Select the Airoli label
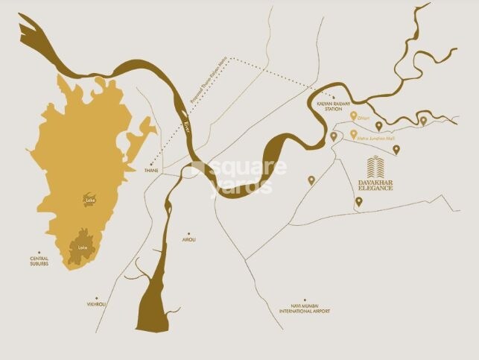click(189, 240)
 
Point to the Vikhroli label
click(97, 304)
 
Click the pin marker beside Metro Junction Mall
click(352, 134)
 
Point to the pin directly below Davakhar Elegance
click(358, 201)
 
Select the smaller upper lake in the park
click(91, 199)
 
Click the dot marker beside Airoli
click(188, 232)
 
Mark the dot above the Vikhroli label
click(97, 295)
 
